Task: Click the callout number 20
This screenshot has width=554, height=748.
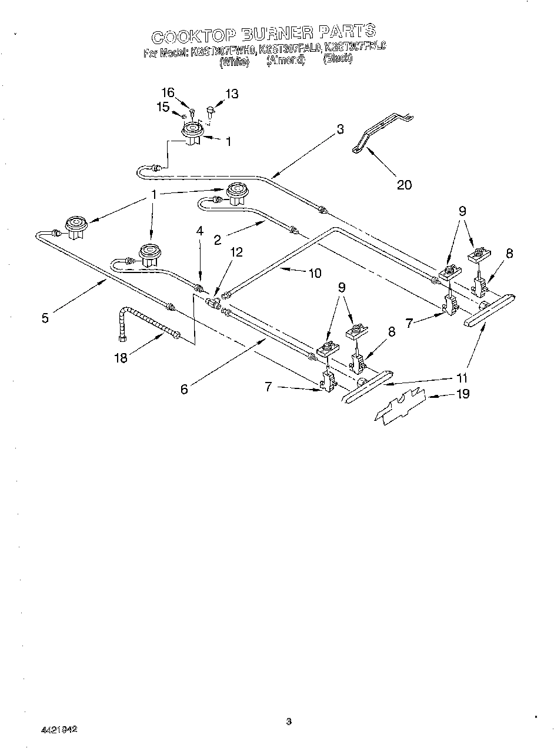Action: tap(404, 185)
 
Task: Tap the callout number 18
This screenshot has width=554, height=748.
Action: tap(121, 357)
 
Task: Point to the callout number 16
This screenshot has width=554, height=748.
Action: tap(168, 92)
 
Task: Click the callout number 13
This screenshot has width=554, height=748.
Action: tap(232, 94)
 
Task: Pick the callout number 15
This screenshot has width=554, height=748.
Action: tap(163, 107)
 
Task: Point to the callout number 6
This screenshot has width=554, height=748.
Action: tap(184, 389)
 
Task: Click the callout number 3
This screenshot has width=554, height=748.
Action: tap(340, 130)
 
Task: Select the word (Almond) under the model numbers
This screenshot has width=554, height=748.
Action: tap(285, 60)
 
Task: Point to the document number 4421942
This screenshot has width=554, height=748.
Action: tap(59, 729)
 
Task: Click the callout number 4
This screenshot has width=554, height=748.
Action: tap(200, 232)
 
